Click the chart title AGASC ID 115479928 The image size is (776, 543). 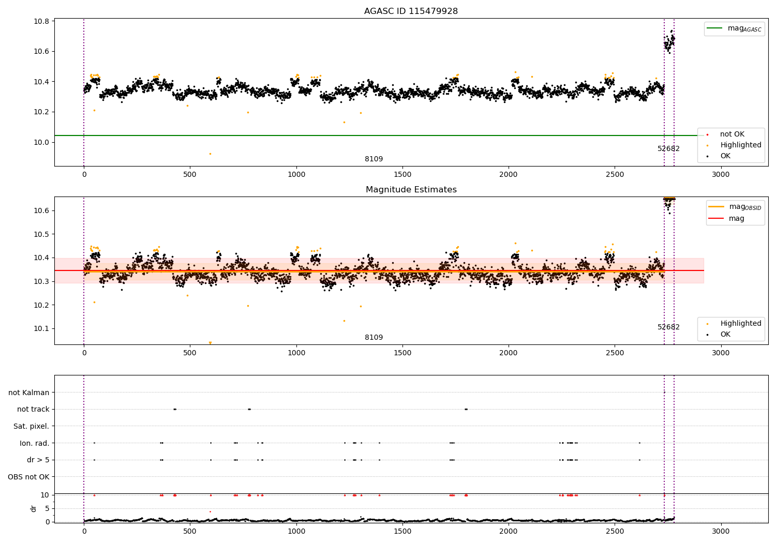tap(411, 11)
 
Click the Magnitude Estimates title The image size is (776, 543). tap(411, 190)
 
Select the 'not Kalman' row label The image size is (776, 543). tap(29, 393)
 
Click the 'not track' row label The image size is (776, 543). tap(33, 409)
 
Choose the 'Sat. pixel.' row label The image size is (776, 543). tap(31, 426)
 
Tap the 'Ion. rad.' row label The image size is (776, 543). tap(34, 443)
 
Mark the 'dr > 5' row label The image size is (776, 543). tap(38, 460)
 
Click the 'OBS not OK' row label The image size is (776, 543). tap(28, 477)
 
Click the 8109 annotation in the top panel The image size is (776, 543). tap(374, 159)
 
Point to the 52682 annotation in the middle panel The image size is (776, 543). tap(668, 327)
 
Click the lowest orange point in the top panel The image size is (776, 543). tap(210, 154)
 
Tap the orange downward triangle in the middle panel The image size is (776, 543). tap(210, 343)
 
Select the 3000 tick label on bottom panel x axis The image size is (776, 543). tap(721, 531)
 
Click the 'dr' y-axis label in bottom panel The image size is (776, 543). tap(34, 508)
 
